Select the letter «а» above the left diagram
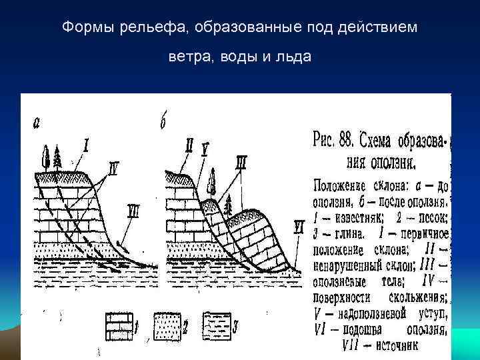click(37, 123)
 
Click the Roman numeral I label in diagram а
click(86, 143)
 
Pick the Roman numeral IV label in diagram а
click(113, 171)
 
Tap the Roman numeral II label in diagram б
click(189, 145)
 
